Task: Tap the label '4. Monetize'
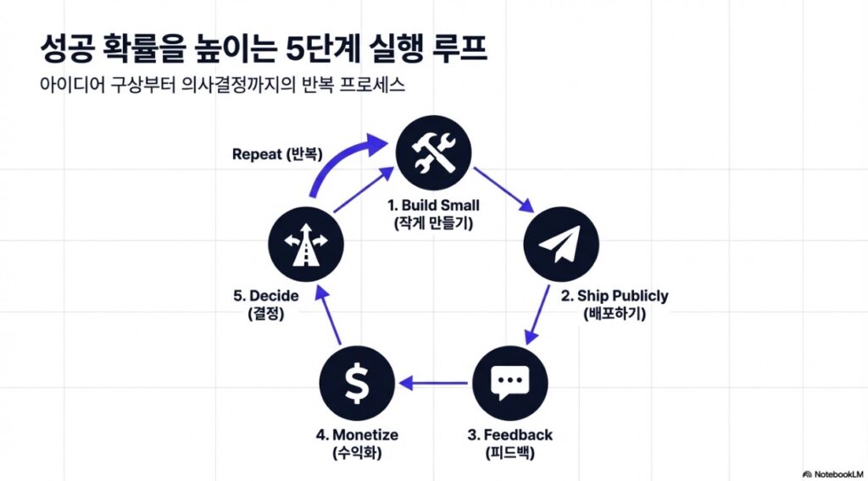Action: pos(357,434)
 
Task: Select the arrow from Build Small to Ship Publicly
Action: pos(504,189)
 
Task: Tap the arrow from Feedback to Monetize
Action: pos(433,384)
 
